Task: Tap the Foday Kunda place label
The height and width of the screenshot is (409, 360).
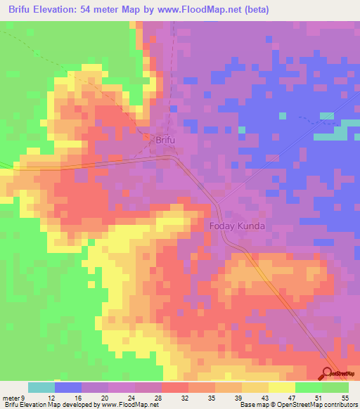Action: click(x=236, y=226)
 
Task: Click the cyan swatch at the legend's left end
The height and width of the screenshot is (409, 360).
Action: click(x=41, y=387)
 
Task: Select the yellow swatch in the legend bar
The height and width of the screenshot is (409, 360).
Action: click(x=282, y=387)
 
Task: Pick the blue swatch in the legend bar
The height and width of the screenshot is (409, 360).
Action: click(x=68, y=387)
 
